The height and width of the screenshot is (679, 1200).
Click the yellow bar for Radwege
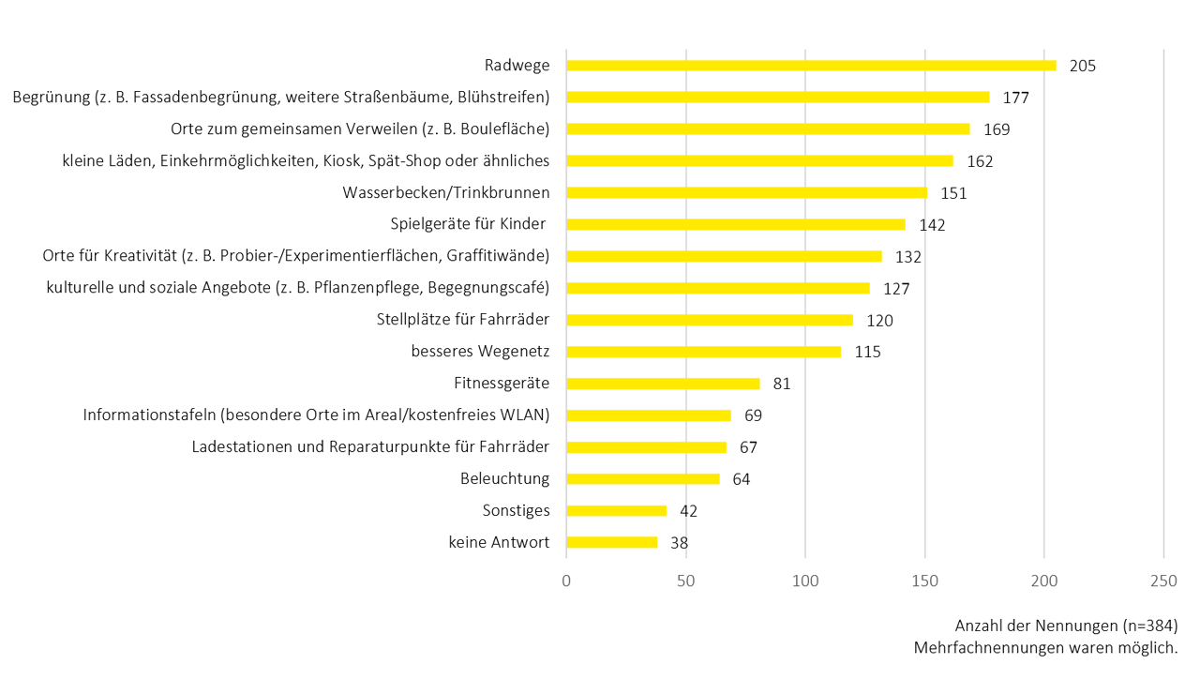pos(811,66)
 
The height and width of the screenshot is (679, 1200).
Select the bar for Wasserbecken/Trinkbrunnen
pos(746,193)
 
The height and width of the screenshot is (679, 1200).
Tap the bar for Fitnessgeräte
pos(663,384)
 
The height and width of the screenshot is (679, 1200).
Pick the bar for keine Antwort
pos(611,542)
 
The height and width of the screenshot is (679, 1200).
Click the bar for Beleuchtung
pos(642,479)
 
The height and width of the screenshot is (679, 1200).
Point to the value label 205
pos(1082,66)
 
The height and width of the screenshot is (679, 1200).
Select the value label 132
pos(908,257)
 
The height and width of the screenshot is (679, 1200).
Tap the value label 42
pos(689,511)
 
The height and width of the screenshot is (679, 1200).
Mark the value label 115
pos(867,352)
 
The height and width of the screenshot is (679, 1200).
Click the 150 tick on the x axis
pos(924,581)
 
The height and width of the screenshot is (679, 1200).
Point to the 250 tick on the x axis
pos(1163,581)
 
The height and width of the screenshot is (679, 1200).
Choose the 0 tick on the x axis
pos(566,581)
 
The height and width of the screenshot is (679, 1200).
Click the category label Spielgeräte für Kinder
pos(470,224)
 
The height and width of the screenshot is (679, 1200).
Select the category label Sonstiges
pos(516,510)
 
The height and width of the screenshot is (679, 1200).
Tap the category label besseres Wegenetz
pos(480,352)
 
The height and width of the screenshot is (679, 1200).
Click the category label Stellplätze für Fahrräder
pos(462,320)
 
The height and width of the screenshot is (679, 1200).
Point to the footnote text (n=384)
pos(1149,626)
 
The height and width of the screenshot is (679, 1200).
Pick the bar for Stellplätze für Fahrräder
pos(710,320)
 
